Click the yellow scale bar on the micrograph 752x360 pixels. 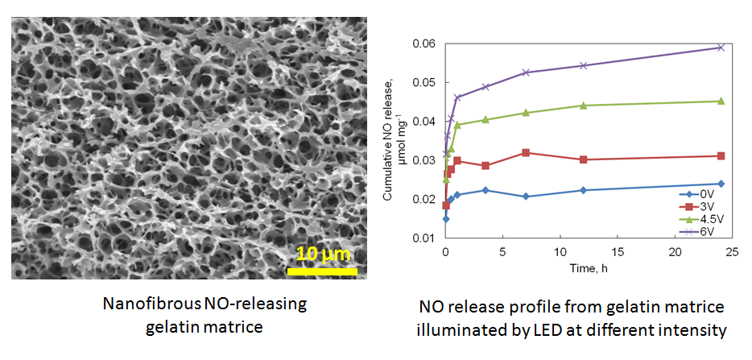click(322, 271)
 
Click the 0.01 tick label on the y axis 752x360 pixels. click(424, 238)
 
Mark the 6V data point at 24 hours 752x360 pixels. click(721, 47)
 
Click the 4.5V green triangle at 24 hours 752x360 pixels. click(721, 101)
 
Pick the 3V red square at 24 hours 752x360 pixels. click(721, 155)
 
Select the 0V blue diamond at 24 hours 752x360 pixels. click(721, 184)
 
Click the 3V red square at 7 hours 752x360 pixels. click(526, 152)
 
